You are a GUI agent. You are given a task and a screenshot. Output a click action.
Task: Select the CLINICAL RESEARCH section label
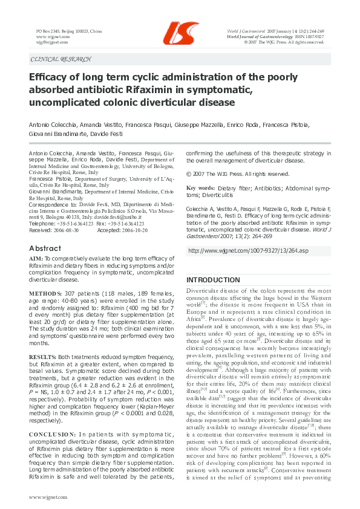(x=61, y=59)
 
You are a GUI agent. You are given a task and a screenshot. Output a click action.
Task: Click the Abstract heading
(x=45, y=248)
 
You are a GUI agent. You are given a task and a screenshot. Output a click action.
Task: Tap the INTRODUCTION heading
(x=212, y=280)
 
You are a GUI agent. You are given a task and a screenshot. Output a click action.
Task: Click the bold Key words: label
(x=200, y=189)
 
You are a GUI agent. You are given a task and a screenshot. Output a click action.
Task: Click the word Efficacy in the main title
(x=50, y=77)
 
